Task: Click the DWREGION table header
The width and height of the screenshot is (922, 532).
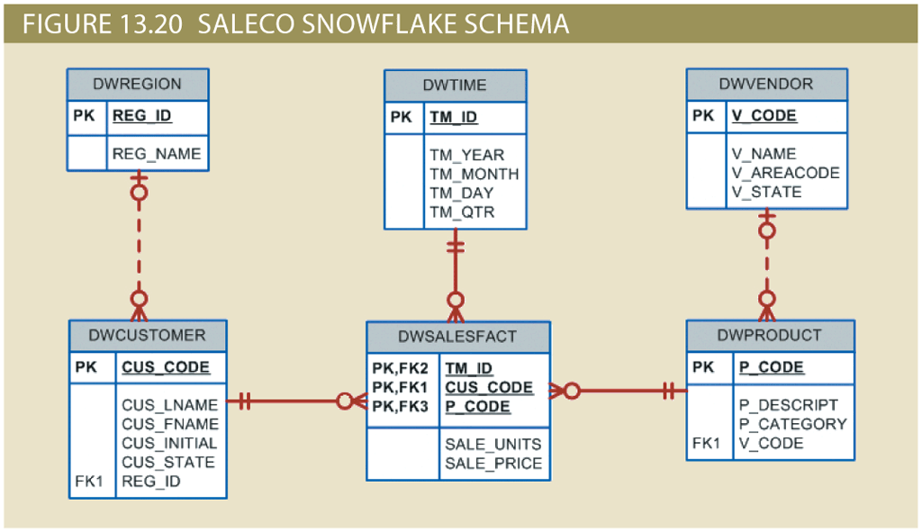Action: coord(137,85)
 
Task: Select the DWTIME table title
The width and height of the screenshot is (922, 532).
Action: coord(455,86)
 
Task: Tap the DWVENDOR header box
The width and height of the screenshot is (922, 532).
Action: coord(766,85)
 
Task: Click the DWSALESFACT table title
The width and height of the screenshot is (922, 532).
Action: coord(457,337)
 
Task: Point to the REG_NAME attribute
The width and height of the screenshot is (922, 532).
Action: coord(156,154)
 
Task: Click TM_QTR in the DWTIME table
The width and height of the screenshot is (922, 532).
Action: coord(462,212)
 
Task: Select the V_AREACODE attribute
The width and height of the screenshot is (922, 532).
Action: coord(785,173)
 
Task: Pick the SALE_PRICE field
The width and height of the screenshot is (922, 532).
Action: coord(493,464)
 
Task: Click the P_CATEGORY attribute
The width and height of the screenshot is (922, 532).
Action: coord(792,424)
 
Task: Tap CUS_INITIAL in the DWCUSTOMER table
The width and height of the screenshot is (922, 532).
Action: coord(169,443)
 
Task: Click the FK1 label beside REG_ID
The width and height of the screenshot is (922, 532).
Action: coord(88,482)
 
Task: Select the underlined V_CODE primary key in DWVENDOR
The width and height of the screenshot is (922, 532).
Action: coord(764,116)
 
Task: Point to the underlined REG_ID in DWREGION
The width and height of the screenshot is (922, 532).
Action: coord(141,116)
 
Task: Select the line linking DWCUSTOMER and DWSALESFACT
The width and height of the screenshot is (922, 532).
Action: coord(288,401)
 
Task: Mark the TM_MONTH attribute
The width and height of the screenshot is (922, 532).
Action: coord(474,174)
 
